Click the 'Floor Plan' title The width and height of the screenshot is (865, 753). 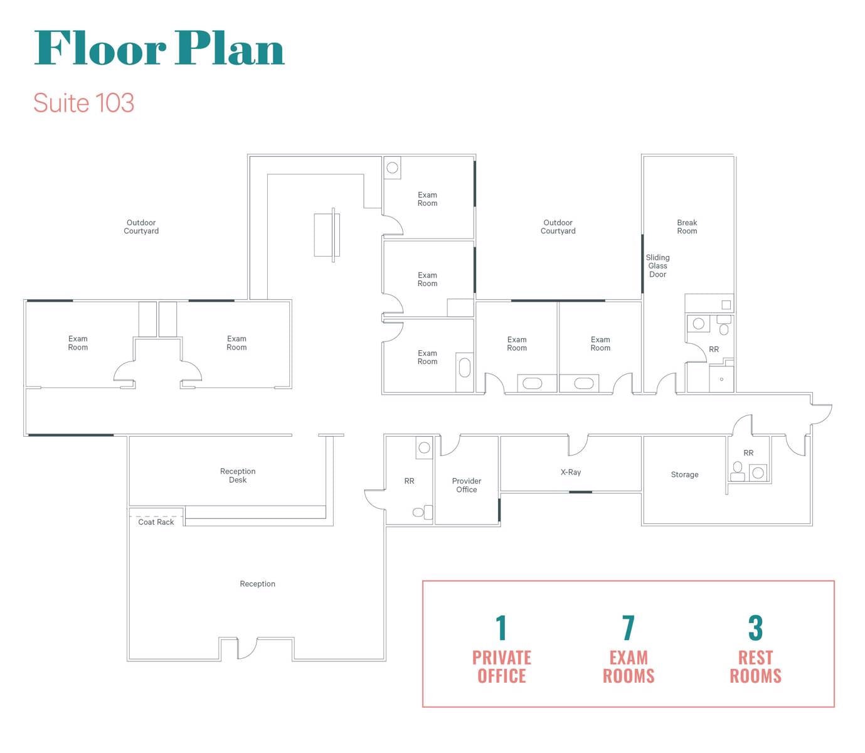159,48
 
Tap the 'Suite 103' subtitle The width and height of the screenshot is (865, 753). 83,103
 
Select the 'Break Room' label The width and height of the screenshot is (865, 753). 687,227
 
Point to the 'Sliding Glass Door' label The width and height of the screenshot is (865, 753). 657,265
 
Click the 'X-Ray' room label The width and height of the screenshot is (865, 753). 570,472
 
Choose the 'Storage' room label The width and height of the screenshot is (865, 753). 684,474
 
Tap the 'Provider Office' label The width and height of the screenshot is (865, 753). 466,485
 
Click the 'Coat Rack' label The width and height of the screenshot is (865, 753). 156,521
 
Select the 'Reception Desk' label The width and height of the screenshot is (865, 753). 238,475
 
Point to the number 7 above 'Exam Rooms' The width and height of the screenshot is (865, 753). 629,628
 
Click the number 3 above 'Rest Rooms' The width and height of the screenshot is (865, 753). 755,628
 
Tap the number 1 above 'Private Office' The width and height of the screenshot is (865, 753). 501,628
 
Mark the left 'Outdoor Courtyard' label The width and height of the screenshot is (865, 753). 141,227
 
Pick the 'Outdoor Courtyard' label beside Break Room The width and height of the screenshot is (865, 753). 558,227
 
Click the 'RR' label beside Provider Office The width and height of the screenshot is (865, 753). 409,481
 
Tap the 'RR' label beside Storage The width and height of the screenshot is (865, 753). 748,453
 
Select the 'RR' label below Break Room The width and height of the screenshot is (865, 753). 714,350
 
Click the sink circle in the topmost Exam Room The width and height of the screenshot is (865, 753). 392,168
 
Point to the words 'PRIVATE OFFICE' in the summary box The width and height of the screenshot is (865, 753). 501,667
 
